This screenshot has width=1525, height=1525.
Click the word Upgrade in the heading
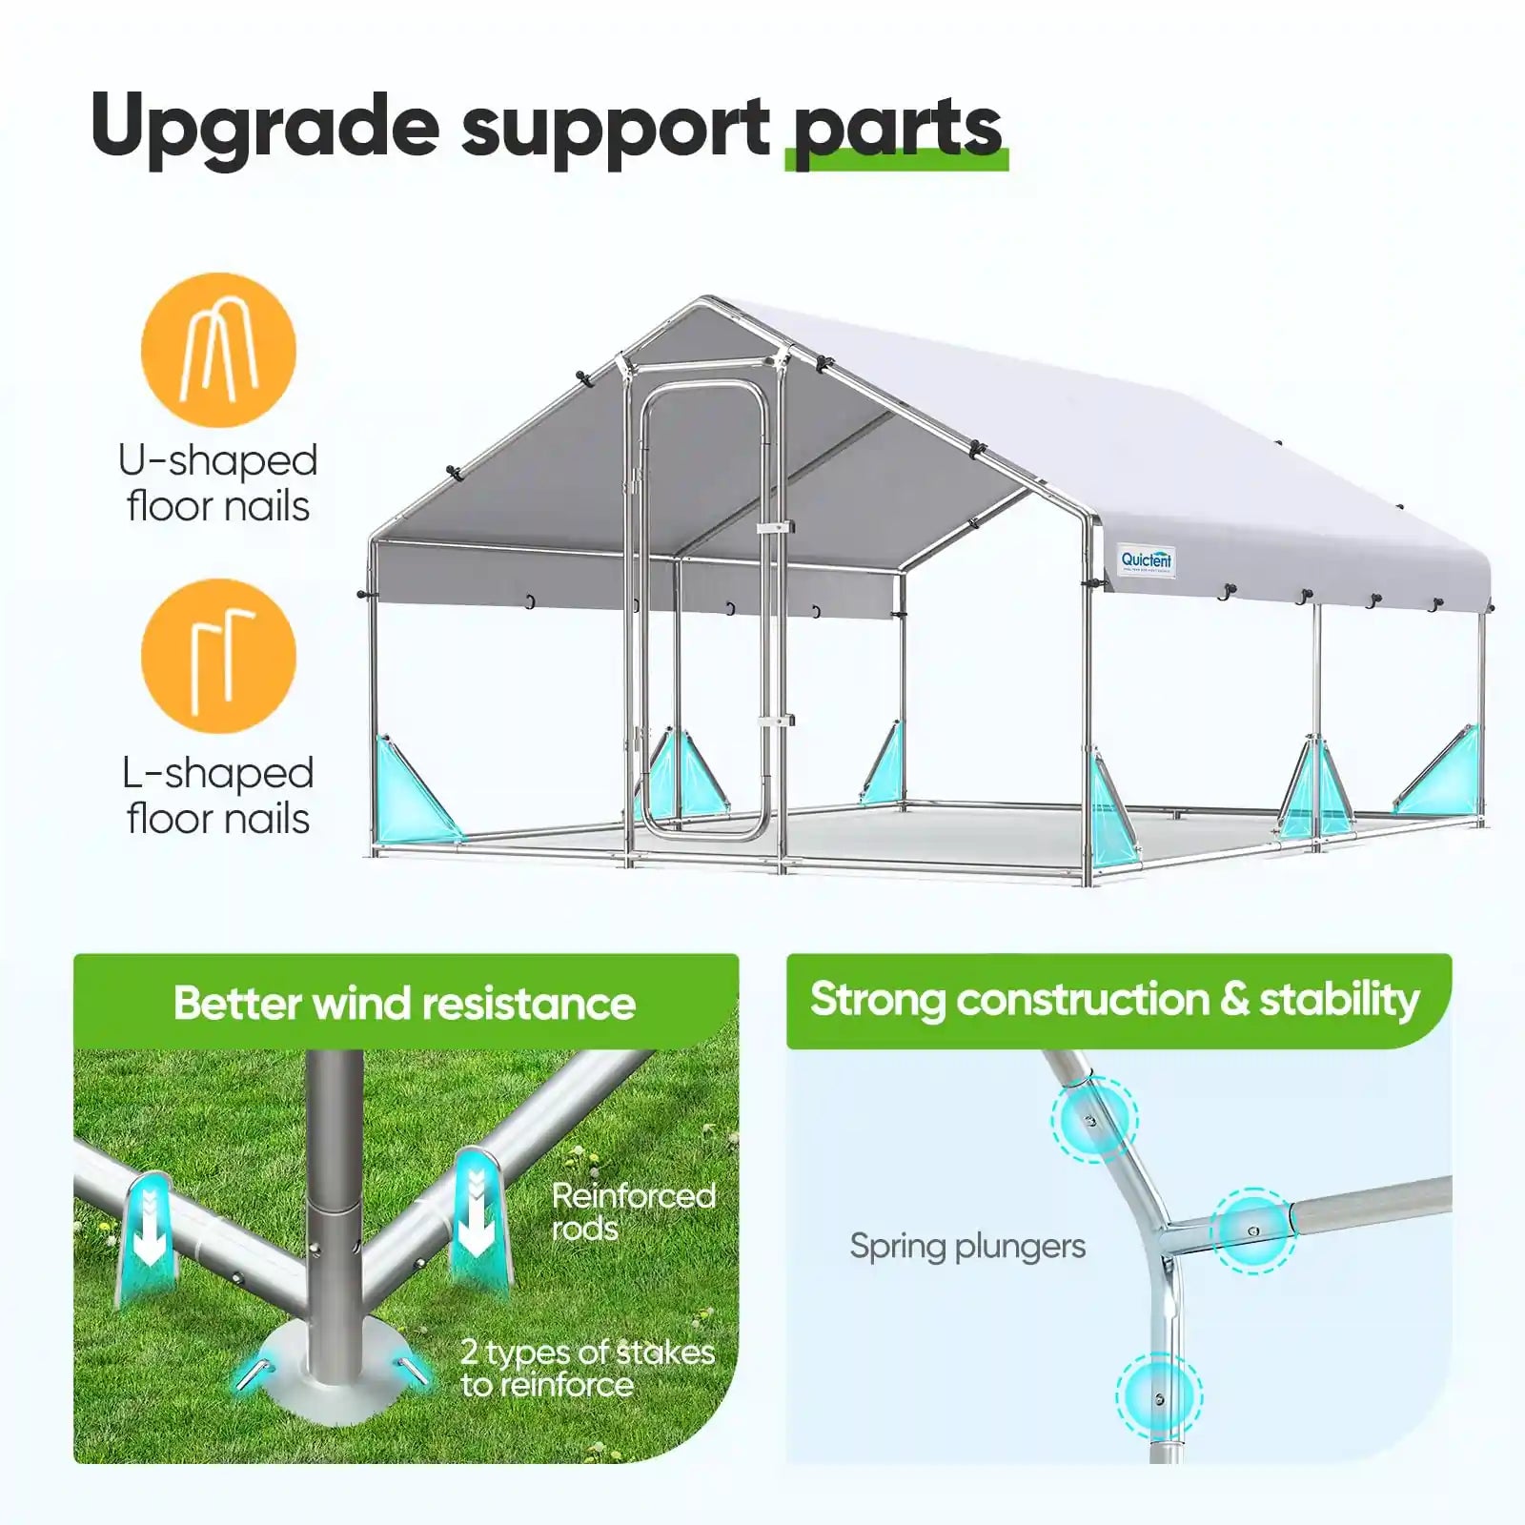coord(264,129)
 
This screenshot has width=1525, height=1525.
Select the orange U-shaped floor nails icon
coord(218,349)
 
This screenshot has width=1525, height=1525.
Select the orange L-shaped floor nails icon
coord(218,656)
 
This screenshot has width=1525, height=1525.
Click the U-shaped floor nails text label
coord(218,483)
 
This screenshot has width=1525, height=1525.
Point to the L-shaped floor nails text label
coord(218,796)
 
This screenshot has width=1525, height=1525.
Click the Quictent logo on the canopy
coord(1147,560)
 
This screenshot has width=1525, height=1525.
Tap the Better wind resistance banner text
coord(404,1004)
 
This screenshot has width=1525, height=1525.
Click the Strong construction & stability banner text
coord(1114,1000)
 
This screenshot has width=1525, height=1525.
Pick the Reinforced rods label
coord(633,1211)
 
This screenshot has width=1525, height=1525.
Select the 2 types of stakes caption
coord(587,1368)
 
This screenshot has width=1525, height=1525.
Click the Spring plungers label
coord(967,1246)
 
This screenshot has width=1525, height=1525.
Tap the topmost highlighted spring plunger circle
coord(1093,1119)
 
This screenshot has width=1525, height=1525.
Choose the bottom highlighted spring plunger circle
coord(1158,1397)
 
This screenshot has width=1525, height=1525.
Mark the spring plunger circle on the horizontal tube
coord(1253,1230)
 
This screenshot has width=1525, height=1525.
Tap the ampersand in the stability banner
coord(1234,1000)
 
